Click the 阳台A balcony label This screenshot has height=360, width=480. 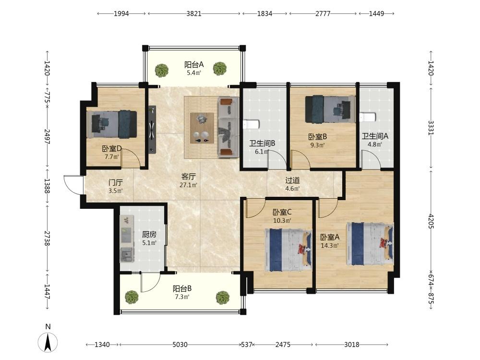(x=194, y=65)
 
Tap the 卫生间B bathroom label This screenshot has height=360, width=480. (x=262, y=143)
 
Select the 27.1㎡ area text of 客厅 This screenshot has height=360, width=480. (x=188, y=185)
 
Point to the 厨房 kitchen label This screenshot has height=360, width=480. (x=149, y=235)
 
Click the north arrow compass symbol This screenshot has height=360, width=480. (x=48, y=342)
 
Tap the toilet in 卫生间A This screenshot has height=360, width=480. (x=367, y=117)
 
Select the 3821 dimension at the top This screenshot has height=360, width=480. (x=194, y=13)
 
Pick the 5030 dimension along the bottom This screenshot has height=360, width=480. (x=180, y=345)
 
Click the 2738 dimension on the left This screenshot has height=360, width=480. (x=47, y=238)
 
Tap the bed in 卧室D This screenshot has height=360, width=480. (x=111, y=124)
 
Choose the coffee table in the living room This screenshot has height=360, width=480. (x=202, y=128)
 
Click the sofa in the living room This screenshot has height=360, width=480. (x=228, y=127)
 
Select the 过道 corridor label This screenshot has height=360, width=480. (x=292, y=180)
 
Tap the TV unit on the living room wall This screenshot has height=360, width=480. (x=152, y=129)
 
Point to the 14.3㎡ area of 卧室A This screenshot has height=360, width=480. (x=329, y=245)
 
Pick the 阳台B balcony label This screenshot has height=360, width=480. (x=182, y=288)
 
